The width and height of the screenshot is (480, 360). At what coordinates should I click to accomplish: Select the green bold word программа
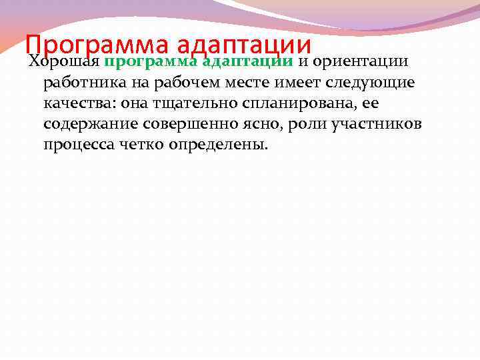(x=150, y=62)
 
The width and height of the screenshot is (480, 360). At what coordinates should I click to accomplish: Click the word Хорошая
(x=64, y=62)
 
